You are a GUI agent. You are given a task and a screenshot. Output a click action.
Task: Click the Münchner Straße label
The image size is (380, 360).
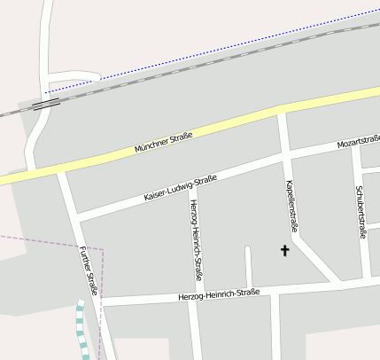pos(163,142)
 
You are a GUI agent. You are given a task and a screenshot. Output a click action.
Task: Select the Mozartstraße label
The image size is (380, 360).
pos(359,142)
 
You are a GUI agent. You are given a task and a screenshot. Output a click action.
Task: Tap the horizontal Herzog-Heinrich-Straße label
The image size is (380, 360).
pos(218,293)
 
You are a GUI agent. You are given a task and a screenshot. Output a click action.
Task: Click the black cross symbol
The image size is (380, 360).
pos(285,251)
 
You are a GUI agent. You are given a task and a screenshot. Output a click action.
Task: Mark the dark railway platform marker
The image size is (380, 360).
pos(45,104)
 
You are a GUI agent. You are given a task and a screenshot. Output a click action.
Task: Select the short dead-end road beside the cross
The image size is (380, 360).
pos(248,266)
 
